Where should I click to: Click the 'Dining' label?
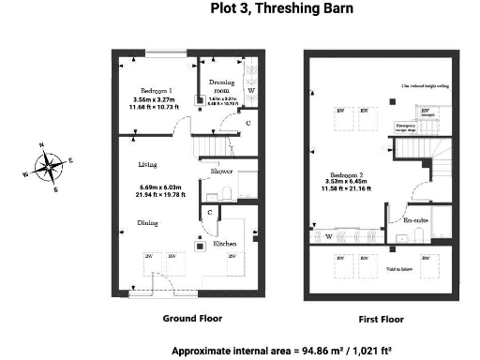tap(147, 223)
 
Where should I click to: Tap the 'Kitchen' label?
tap(225, 244)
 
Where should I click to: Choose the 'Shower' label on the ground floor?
tap(221, 172)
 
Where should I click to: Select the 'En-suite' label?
tap(415, 219)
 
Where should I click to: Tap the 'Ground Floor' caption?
tap(193, 319)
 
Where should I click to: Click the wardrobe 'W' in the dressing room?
tap(249, 92)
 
